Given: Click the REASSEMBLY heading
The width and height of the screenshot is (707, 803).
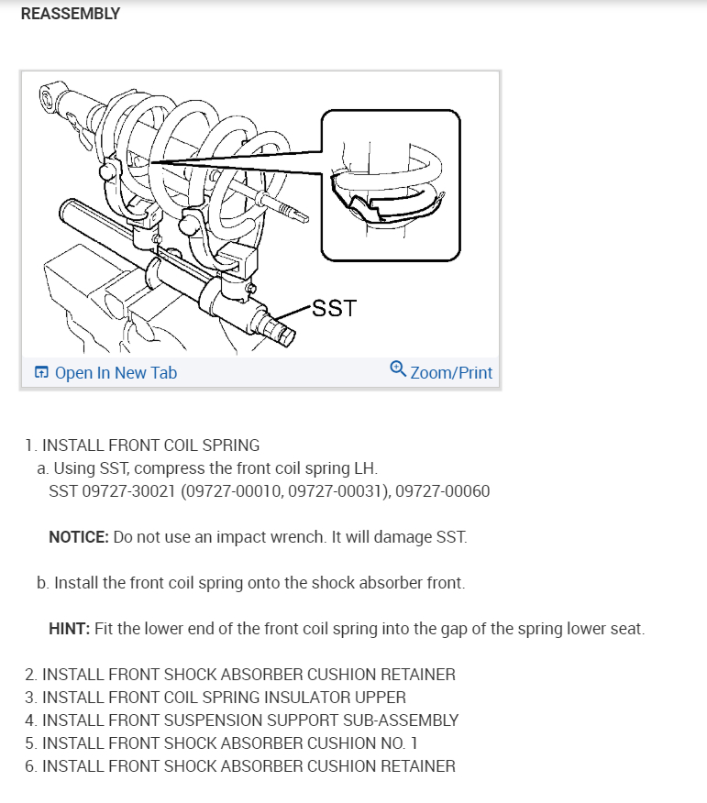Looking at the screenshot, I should [x=70, y=14].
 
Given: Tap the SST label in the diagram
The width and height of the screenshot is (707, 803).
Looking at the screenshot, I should [x=334, y=308].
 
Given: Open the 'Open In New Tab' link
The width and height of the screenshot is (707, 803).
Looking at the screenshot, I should [x=116, y=373].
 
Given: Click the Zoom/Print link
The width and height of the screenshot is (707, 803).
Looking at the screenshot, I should [x=451, y=373].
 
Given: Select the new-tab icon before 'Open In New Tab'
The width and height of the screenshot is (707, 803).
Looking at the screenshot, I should [x=41, y=373].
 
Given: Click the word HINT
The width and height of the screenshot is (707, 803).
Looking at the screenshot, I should [x=67, y=630].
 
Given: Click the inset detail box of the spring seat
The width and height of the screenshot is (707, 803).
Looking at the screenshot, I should [x=390, y=185].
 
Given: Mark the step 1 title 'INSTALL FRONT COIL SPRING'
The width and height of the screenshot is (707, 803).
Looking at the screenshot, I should [x=151, y=445].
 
